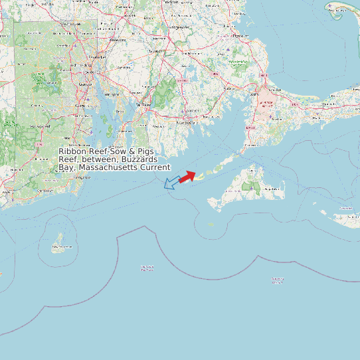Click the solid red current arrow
coord(187,176)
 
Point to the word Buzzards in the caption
coord(140,159)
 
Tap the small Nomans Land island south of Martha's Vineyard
coord(212,224)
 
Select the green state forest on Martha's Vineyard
coord(252,187)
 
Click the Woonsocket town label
coord(70,24)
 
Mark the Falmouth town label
coord(250,145)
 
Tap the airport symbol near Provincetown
coord(331,7)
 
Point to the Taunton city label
coord(155,50)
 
